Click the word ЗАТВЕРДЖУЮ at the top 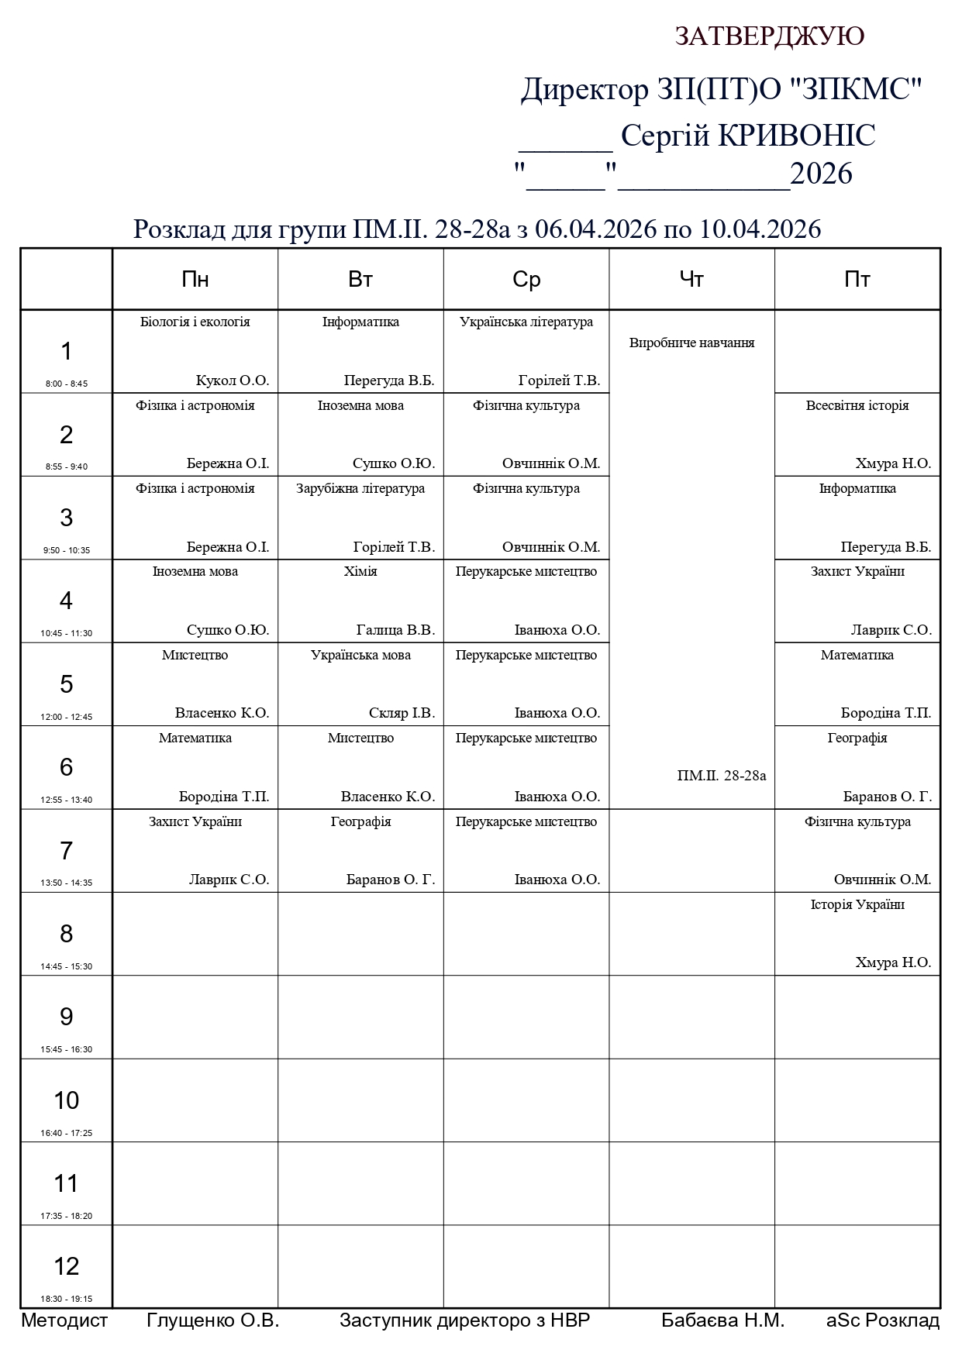pos(770,36)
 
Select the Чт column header pos(691,279)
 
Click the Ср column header pos(526,279)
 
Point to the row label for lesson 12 pos(67,1265)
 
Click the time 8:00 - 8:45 pos(67,384)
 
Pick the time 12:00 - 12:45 pos(67,717)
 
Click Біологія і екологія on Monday pos(195,322)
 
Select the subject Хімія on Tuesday pos(360,571)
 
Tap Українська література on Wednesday pos(526,322)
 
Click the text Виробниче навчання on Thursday pos(691,343)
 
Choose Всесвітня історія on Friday pos(857,405)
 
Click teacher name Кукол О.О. pos(233,380)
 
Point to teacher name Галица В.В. pos(395,630)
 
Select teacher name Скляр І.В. pos(402,713)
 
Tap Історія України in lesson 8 pos(857,904)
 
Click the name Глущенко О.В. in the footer pos(212,1320)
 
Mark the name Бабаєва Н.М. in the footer pos(722,1320)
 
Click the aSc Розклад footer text pos(883,1320)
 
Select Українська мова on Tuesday pos(360,655)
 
